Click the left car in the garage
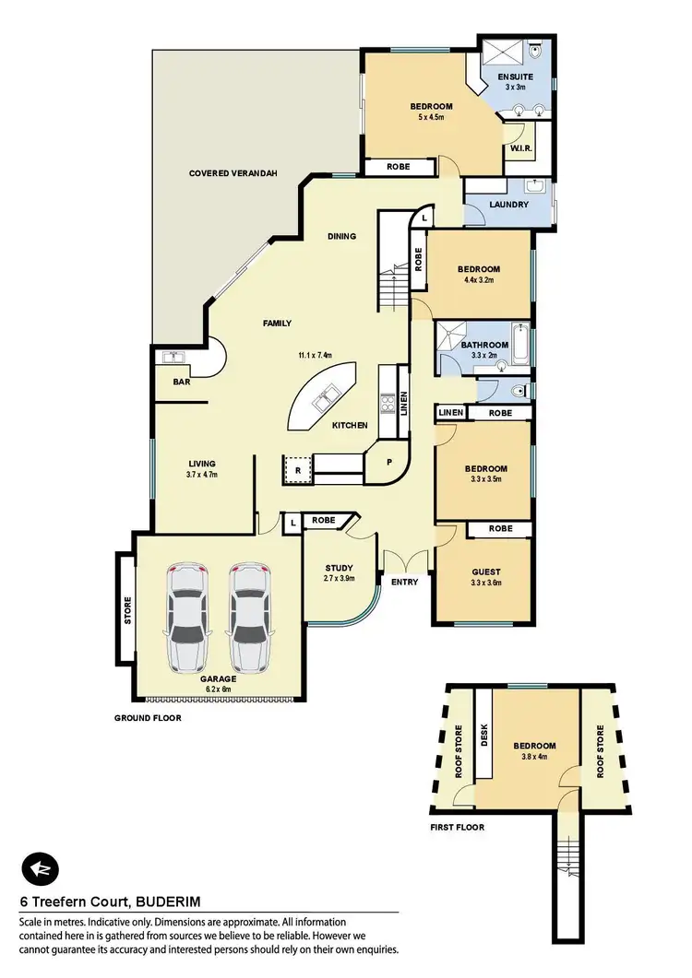click(189, 617)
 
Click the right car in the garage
click(248, 617)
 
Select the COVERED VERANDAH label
click(233, 173)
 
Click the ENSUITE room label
click(515, 76)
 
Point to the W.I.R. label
click(519, 149)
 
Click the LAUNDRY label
click(510, 205)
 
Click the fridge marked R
click(295, 468)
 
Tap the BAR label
click(181, 381)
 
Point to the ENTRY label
click(404, 582)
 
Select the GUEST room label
click(483, 571)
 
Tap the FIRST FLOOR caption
click(457, 827)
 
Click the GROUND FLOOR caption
click(148, 717)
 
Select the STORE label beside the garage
click(127, 611)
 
